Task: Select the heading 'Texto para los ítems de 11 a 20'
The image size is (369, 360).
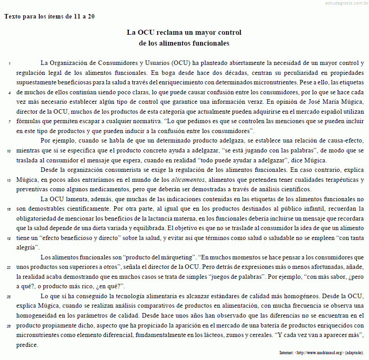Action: (50, 16)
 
